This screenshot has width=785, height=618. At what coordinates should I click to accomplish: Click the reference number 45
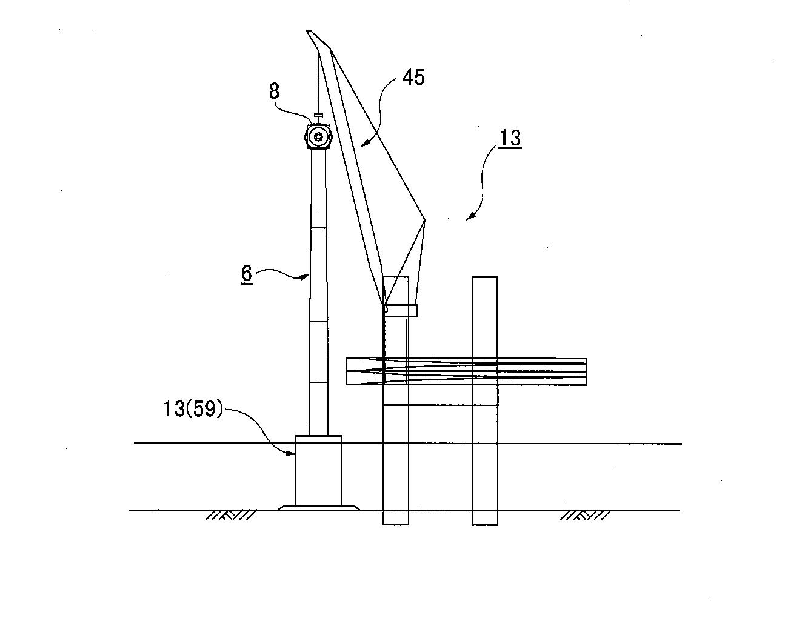click(x=413, y=78)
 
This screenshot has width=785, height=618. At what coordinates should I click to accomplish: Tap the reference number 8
click(x=275, y=91)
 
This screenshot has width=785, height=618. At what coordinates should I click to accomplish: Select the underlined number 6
click(x=247, y=273)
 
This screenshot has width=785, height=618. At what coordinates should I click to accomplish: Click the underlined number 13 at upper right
click(x=510, y=138)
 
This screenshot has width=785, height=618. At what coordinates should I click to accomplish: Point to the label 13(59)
click(x=192, y=409)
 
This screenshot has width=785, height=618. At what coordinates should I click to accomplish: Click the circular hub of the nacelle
click(x=319, y=137)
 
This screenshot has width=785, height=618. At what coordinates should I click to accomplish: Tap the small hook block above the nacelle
click(x=319, y=115)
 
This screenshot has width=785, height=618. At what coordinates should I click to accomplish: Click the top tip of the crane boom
click(x=308, y=31)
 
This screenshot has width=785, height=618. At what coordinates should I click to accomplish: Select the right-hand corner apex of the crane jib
click(x=425, y=220)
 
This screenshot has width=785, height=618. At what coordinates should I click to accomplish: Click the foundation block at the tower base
click(x=319, y=470)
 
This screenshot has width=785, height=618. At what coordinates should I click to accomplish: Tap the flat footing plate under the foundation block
click(x=318, y=507)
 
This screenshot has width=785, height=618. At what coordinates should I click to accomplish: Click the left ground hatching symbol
click(x=230, y=516)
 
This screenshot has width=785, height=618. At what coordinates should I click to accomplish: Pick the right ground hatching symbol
click(x=585, y=516)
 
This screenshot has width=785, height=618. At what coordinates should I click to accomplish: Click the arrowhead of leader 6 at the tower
click(x=304, y=277)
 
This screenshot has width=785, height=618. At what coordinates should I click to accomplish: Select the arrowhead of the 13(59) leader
click(x=292, y=454)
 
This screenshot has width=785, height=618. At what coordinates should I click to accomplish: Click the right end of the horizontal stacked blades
click(x=586, y=371)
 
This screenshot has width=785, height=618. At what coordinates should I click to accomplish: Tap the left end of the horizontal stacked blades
click(x=346, y=371)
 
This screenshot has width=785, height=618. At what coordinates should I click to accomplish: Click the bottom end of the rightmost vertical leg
click(x=485, y=525)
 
